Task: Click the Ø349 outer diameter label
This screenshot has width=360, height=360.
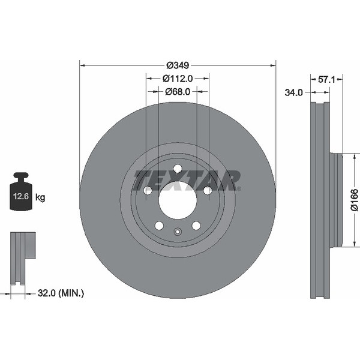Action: click(x=178, y=65)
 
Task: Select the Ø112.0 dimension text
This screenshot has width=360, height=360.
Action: click(x=178, y=78)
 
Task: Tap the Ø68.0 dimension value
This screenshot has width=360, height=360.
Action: click(x=178, y=92)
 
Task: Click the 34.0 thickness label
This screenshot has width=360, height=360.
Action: click(x=293, y=92)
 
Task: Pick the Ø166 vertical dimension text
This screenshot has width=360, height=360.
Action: click(x=353, y=200)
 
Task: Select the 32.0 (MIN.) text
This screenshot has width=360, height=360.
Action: click(x=61, y=293)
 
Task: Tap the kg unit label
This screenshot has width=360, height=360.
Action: click(x=41, y=197)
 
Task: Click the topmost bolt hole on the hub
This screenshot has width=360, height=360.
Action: click(x=178, y=169)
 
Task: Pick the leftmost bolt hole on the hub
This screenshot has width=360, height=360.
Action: click(x=148, y=190)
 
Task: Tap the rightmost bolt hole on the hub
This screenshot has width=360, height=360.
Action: click(x=207, y=190)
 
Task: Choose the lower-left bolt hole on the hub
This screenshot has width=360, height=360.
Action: click(x=159, y=226)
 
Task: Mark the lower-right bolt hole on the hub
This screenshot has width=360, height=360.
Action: click(x=196, y=226)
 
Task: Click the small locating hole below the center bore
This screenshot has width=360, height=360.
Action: click(x=178, y=232)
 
